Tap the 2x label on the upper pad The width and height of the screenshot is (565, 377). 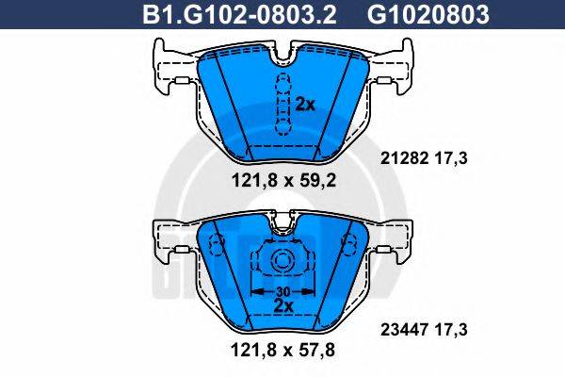(x=304, y=105)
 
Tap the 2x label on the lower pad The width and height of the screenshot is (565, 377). (x=281, y=305)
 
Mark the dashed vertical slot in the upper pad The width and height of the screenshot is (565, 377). (x=281, y=103)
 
